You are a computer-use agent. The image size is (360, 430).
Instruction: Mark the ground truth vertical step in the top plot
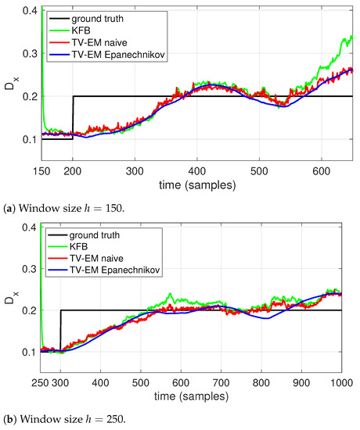tap(73, 117)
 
